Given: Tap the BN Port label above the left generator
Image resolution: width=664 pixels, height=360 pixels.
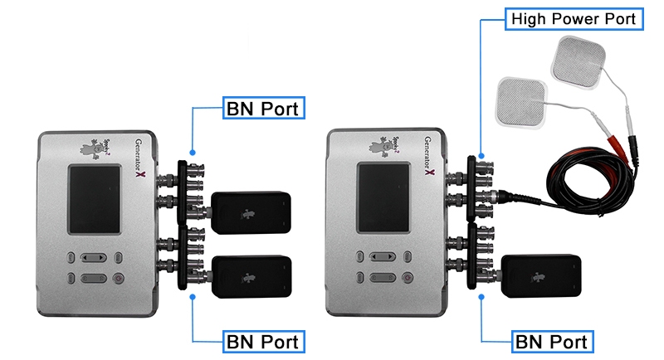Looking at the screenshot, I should (262, 109).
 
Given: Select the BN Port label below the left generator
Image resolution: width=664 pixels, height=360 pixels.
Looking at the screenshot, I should (262, 340).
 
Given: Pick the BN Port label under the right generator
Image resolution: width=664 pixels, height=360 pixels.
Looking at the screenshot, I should (552, 340).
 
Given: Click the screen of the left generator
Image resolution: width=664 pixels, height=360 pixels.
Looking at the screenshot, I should (95, 199).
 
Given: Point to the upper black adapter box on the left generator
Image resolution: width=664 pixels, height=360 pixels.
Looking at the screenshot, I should (250, 212).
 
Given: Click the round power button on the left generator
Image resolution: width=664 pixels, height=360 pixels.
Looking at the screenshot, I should (117, 279).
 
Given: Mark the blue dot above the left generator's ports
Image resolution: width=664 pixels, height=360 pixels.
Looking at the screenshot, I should (193, 152).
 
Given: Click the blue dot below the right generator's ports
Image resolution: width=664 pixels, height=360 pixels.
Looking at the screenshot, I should (481, 294).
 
